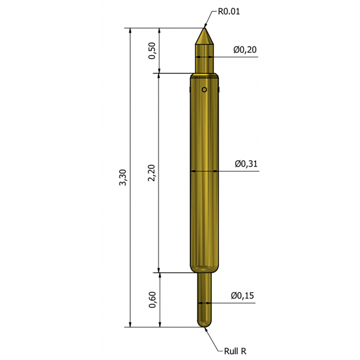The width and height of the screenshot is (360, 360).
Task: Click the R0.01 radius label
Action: [229, 12]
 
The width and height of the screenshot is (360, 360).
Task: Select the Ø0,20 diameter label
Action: [245, 49]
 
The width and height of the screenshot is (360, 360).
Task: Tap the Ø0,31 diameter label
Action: [246, 164]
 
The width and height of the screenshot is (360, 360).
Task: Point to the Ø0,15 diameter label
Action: [243, 296]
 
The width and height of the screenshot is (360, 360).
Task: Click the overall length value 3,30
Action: [123, 177]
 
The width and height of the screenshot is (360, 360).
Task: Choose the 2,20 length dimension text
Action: [152, 173]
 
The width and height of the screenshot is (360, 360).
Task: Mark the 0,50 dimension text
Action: [152, 51]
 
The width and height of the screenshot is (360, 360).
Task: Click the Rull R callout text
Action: [235, 351]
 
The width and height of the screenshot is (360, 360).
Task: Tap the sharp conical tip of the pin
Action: [204, 28]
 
